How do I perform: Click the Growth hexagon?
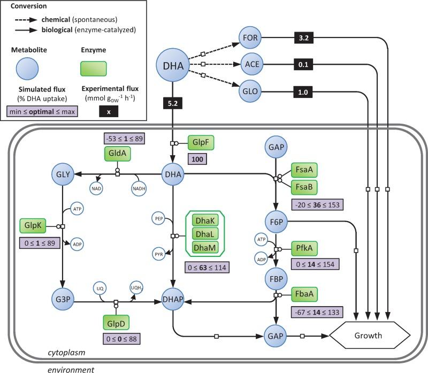pyautogui.click(x=370, y=336)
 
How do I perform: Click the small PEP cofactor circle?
pyautogui.click(x=159, y=218)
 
